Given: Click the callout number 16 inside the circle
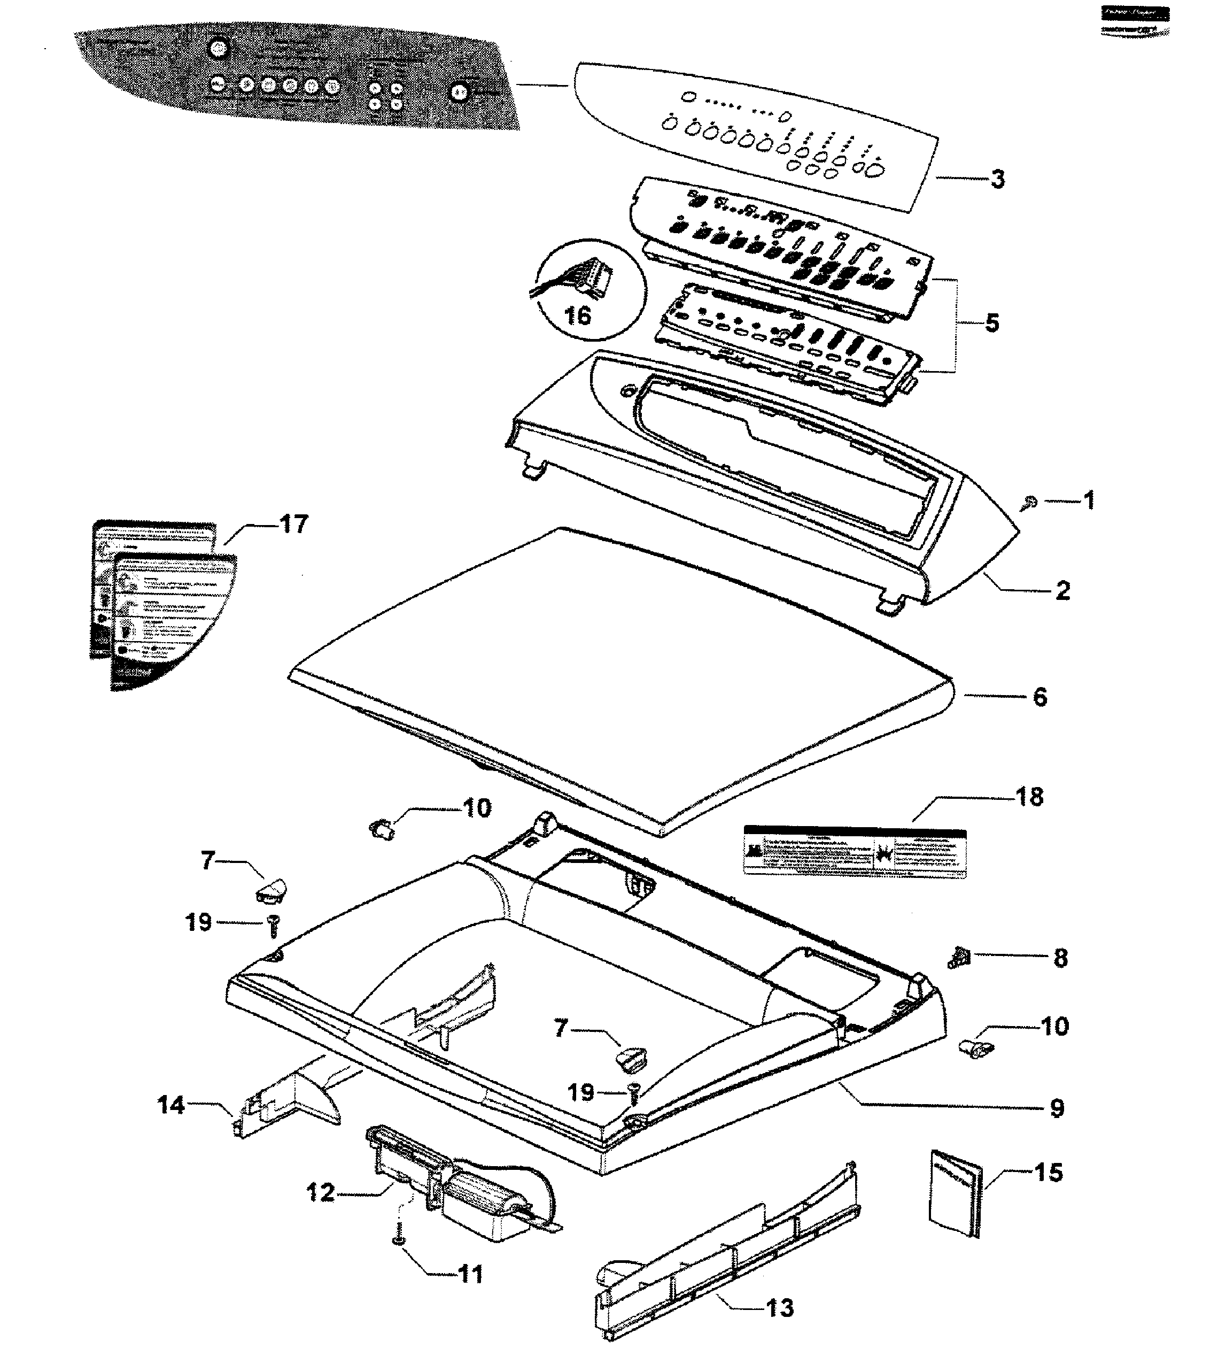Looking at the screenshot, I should tap(578, 314).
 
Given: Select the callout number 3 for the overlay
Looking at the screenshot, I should tap(997, 179).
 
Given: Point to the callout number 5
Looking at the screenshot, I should tap(992, 322).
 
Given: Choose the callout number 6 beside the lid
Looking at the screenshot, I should tap(1039, 697).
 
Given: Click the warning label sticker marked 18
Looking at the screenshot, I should tap(855, 851).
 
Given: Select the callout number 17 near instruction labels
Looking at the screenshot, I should tap(293, 524).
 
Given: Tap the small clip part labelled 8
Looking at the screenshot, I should tap(958, 958).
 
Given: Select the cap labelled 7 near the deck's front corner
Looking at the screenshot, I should tap(630, 1057).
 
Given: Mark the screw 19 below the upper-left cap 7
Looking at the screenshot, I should tap(273, 926).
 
